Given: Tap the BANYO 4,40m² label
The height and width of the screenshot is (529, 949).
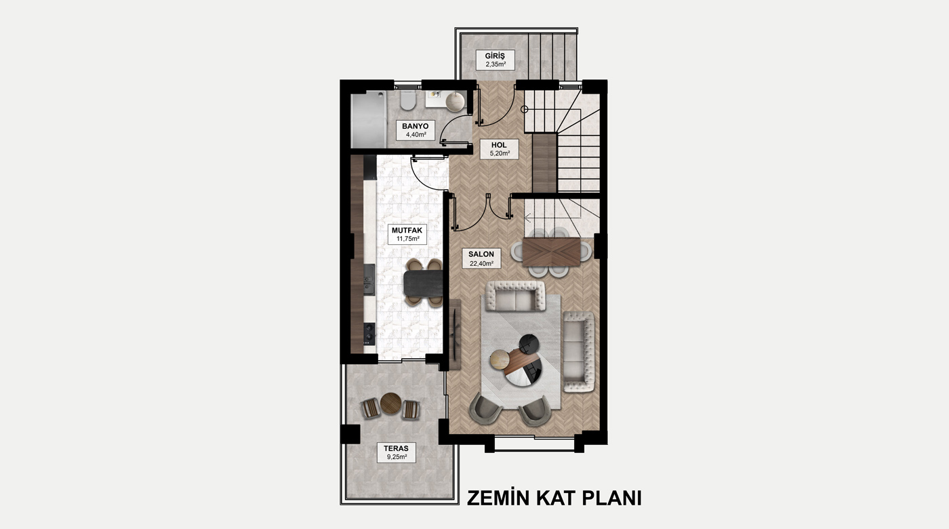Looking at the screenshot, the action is (x=415, y=130).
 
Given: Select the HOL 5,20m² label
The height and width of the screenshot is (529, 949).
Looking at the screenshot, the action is (x=499, y=149).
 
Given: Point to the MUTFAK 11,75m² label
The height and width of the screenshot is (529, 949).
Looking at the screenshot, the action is (x=407, y=235).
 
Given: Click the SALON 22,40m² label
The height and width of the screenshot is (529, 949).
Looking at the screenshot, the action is (x=481, y=258).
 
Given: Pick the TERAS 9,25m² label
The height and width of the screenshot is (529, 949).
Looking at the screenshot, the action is (x=396, y=452).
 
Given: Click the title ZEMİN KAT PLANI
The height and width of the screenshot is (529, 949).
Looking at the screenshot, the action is (x=554, y=498).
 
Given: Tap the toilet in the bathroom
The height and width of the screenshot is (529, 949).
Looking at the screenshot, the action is (x=407, y=100).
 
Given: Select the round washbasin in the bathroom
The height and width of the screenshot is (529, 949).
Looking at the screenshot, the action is (x=455, y=102).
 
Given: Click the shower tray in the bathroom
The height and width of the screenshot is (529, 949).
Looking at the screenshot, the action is (x=369, y=121).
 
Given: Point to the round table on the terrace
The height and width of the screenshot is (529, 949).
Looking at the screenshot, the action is (x=390, y=403).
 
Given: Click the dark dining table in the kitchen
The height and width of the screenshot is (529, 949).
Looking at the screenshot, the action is (x=423, y=283).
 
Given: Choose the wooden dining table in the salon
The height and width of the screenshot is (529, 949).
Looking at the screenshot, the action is (x=551, y=252).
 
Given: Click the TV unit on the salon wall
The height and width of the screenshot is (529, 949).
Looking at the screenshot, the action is (x=455, y=334).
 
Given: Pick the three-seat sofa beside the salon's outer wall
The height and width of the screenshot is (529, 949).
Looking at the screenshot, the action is (x=579, y=351).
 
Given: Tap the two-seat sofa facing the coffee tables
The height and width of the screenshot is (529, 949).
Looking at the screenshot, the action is (x=515, y=296).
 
